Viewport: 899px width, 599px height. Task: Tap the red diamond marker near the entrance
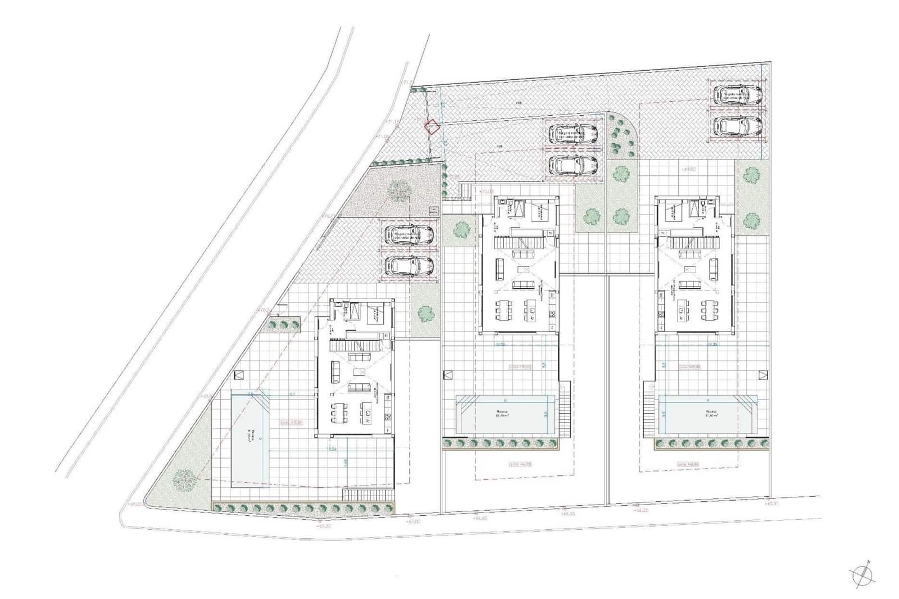[432, 127]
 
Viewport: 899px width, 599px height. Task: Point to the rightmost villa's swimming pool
[707, 414]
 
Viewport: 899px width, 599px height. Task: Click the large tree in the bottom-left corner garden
[184, 480]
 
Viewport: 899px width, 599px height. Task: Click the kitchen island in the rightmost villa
[682, 310]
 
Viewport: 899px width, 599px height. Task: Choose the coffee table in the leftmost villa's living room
[358, 371]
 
